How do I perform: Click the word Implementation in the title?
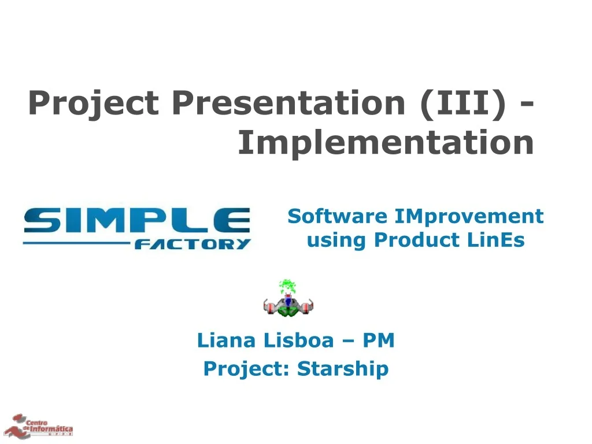(x=386, y=143)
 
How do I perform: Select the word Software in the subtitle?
(x=338, y=216)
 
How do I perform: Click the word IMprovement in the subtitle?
(x=469, y=216)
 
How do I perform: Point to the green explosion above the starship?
(x=287, y=286)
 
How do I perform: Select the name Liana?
(x=226, y=341)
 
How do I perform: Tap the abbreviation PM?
(x=379, y=341)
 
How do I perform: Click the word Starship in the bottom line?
(x=343, y=368)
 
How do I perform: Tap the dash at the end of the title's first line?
(x=526, y=105)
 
